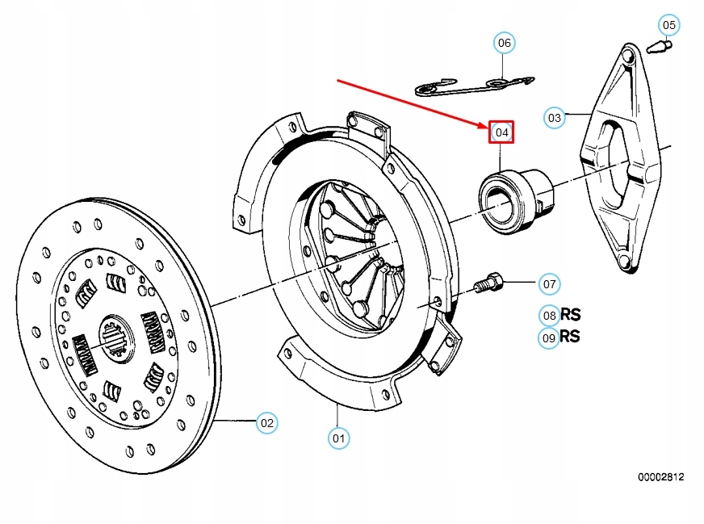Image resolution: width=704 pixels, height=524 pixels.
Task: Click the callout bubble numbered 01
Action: pos(339,438)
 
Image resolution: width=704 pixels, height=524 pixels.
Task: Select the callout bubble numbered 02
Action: pos(266,422)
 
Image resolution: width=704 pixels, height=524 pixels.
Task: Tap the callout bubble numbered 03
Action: pos(554,117)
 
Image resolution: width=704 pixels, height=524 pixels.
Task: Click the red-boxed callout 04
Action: pos(501,132)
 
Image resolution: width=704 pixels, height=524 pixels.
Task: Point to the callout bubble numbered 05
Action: pos(668,25)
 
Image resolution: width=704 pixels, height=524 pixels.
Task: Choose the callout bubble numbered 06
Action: pos(504,42)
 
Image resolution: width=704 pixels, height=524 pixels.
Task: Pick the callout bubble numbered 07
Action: pos(549,284)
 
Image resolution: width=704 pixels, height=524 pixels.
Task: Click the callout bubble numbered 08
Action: pos(549,316)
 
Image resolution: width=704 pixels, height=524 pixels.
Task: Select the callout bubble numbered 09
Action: pos(549,338)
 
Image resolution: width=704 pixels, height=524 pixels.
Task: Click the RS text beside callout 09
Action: pos(570,337)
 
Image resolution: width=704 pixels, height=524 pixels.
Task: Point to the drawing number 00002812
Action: pos(660,477)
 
